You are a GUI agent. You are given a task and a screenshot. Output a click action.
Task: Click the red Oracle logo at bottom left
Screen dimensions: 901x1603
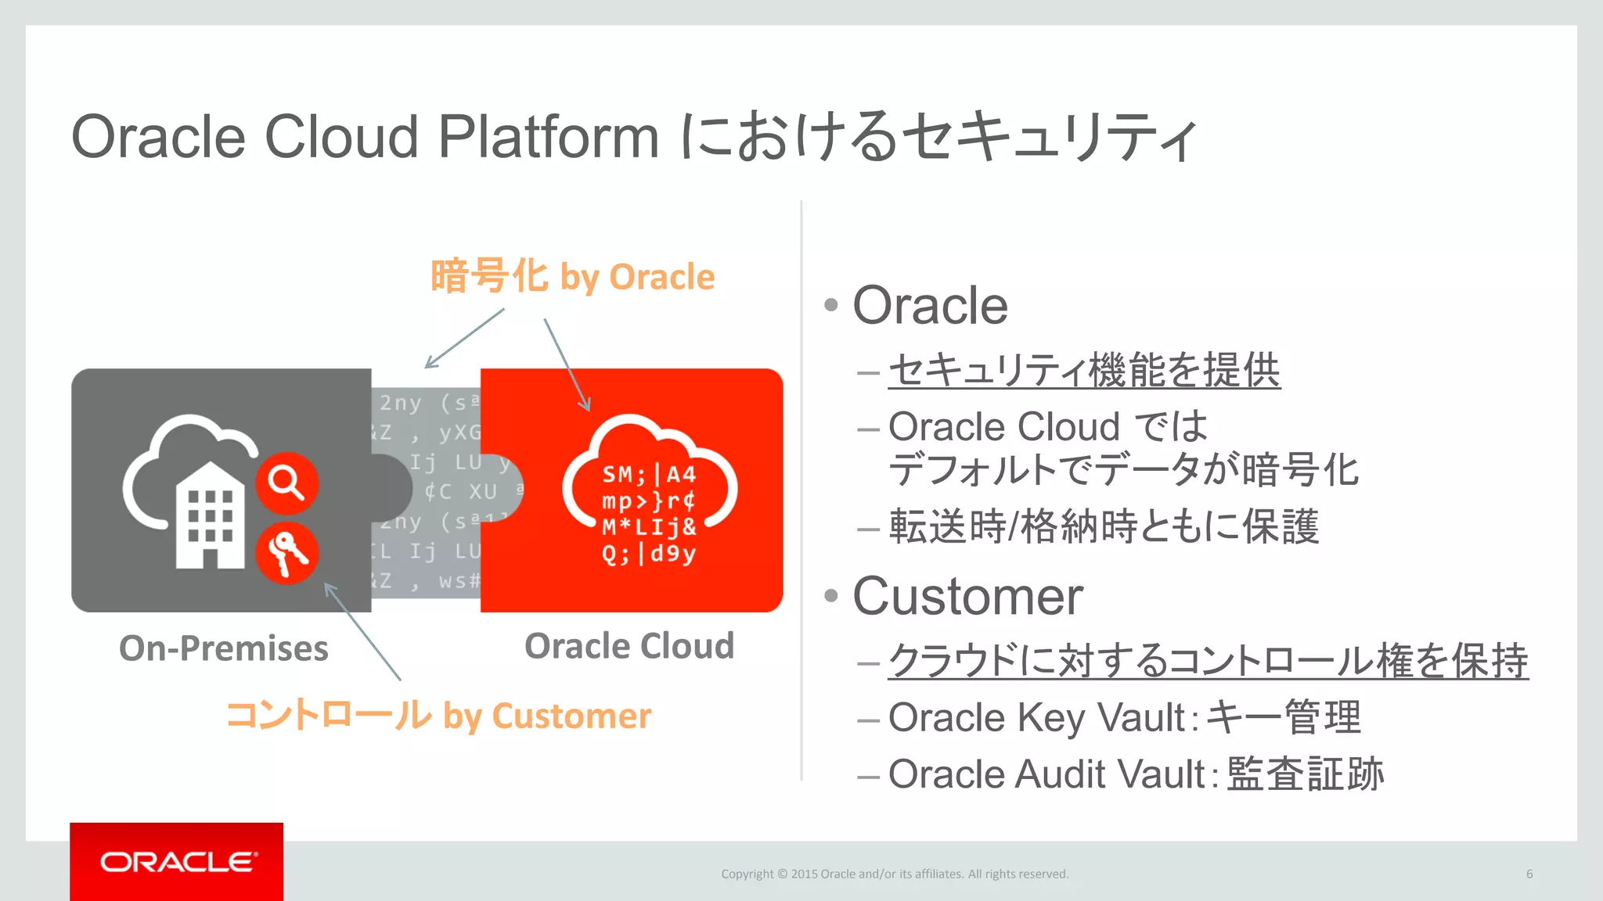[177, 861]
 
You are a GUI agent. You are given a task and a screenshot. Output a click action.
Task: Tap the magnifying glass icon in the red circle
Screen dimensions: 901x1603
[286, 483]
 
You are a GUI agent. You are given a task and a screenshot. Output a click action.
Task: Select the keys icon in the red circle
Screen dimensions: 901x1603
[286, 553]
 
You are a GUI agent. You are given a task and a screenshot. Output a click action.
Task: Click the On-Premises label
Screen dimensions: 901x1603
[224, 648]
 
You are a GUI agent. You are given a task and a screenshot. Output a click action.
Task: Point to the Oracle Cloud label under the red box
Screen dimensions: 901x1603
[629, 646]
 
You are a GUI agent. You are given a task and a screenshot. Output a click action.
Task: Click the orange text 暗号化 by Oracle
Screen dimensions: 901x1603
[572, 277]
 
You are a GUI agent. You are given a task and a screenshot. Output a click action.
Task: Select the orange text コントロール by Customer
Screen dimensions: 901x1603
[438, 716]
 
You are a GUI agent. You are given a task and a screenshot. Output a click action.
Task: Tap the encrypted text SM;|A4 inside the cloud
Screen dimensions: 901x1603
[649, 474]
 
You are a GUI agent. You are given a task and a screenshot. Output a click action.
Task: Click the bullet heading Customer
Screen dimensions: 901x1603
[967, 597]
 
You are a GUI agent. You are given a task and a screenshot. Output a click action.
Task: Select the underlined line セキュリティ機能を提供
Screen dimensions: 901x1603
[1084, 370]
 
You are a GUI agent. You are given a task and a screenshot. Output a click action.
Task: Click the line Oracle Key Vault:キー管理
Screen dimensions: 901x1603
[1124, 717]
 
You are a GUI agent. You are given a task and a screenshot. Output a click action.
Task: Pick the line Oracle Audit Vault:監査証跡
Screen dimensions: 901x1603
[1136, 774]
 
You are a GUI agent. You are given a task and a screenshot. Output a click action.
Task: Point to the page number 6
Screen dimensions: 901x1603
[1529, 874]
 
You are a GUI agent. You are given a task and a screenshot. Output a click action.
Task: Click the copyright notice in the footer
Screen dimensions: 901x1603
[895, 874]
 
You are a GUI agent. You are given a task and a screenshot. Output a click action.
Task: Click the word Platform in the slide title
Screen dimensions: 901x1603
[548, 137]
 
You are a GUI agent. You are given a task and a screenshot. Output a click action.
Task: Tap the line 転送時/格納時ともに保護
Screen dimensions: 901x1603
[1104, 526]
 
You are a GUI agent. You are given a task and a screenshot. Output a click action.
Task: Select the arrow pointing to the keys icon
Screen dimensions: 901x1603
[362, 630]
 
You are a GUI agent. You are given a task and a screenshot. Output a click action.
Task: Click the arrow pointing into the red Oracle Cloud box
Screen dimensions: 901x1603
[567, 364]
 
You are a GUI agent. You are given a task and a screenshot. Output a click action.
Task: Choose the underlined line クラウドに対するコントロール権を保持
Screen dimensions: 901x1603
[1208, 661]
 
